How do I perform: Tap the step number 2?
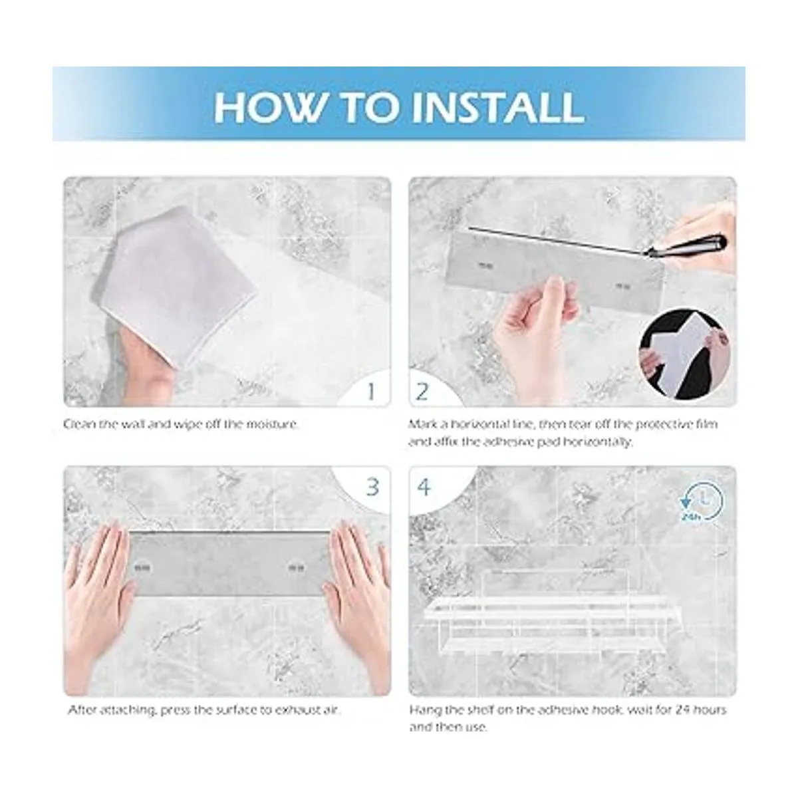pos(422,391)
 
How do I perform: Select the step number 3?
pos(372,487)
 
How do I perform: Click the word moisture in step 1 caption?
pos(273,424)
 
